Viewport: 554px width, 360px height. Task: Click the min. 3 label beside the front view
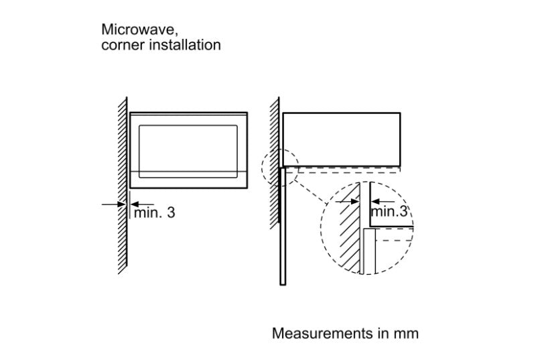(x=155, y=213)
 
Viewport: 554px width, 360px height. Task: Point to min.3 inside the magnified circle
(x=389, y=211)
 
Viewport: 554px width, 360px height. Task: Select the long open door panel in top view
(x=283, y=225)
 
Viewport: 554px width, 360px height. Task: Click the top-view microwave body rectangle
(x=342, y=139)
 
